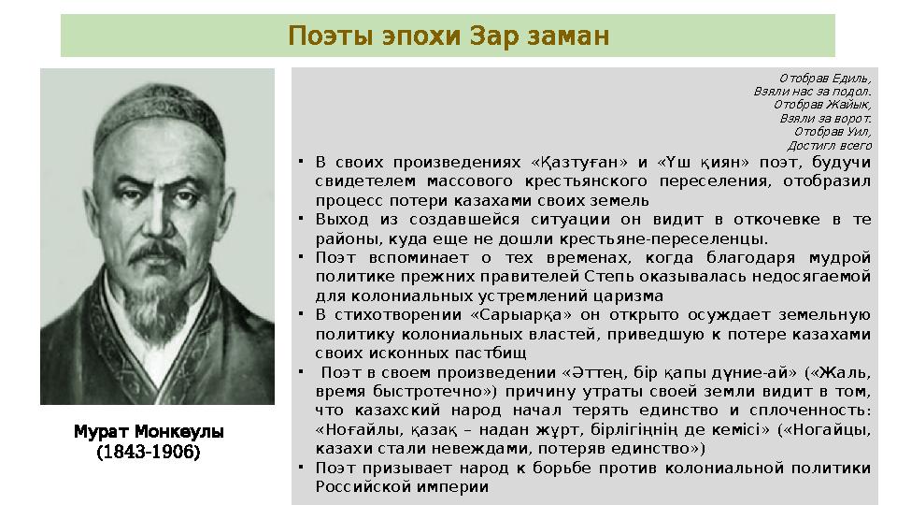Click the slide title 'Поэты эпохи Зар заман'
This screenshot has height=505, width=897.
448,36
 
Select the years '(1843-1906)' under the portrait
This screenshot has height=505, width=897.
149,452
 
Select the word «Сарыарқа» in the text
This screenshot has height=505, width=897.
524,314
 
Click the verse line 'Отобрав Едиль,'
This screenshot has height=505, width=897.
825,78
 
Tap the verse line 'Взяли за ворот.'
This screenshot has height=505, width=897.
826,119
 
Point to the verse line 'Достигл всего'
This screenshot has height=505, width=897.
830,145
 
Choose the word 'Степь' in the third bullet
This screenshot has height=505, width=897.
609,276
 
